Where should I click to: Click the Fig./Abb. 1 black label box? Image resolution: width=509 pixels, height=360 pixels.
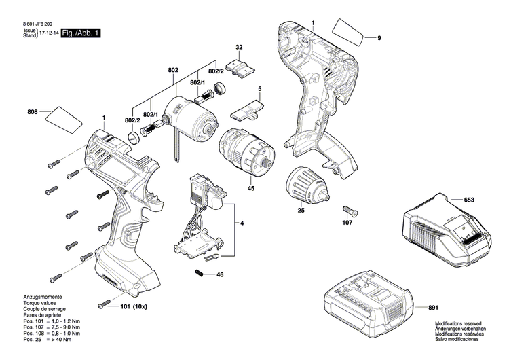click(80, 33)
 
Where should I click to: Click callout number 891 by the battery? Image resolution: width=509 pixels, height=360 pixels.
click(432, 308)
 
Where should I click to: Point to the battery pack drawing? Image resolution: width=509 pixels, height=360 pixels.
click(366, 304)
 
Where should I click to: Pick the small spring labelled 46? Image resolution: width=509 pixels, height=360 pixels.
click(200, 274)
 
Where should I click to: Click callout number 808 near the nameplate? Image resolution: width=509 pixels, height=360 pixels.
click(33, 111)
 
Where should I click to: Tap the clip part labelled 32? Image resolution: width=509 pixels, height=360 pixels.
click(241, 67)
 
